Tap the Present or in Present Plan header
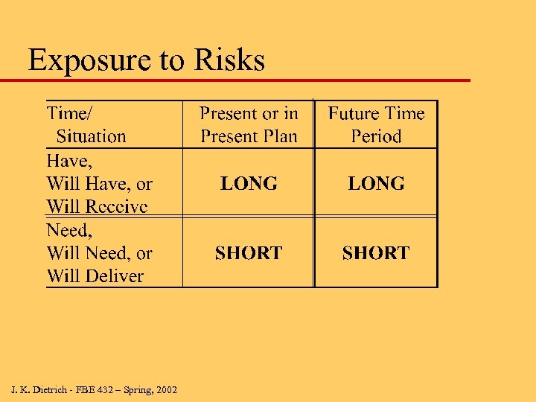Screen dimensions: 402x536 point(249,124)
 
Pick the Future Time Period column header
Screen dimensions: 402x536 point(376,124)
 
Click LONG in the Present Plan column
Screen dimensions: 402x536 point(249,183)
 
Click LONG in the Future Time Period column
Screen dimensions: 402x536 point(376,183)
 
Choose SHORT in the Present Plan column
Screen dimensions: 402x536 point(249,253)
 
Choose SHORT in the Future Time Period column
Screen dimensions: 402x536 point(376,253)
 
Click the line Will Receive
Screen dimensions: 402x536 point(97,206)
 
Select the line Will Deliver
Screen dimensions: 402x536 point(95,276)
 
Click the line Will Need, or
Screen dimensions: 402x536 point(99,253)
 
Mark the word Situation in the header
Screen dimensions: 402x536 point(92,136)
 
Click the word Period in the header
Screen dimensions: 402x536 point(376,136)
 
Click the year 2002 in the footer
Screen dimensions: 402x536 point(165,389)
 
